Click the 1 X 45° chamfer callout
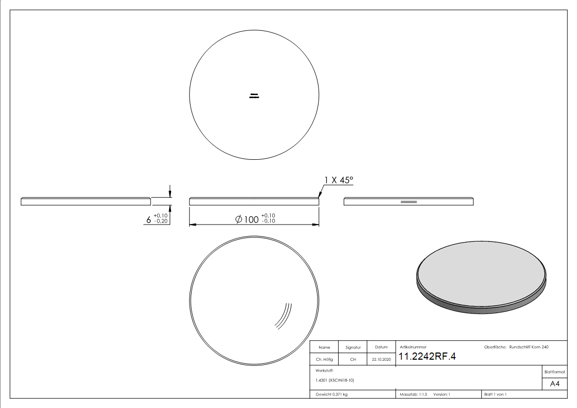[x=339, y=181]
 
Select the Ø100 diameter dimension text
[x=248, y=219]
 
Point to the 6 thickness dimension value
[x=149, y=220]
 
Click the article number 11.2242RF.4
[x=427, y=357]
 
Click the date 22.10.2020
[x=381, y=360]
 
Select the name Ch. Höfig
[x=325, y=360]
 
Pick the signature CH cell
[x=353, y=360]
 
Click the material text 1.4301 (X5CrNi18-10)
[x=335, y=380]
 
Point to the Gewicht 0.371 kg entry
[x=332, y=394]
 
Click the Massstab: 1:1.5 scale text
[x=414, y=394]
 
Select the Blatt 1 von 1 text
[x=495, y=394]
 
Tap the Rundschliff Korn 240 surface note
[x=529, y=347]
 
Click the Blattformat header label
[x=554, y=372]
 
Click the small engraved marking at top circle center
[x=254, y=96]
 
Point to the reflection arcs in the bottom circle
[x=283, y=315]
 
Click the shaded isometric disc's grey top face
[x=480, y=272]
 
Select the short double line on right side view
[x=408, y=202]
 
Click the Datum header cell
[x=381, y=347]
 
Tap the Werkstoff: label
[x=325, y=370]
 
